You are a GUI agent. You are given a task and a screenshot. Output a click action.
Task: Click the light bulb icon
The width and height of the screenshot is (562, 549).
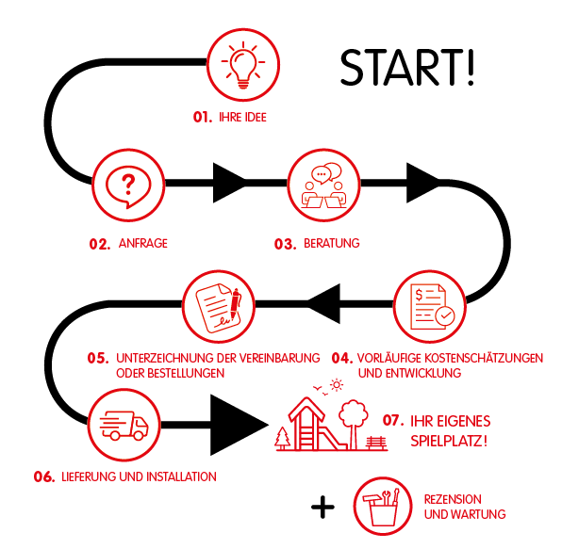pyautogui.click(x=243, y=65)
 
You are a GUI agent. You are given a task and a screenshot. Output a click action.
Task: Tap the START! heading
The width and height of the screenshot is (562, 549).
pyautogui.click(x=407, y=68)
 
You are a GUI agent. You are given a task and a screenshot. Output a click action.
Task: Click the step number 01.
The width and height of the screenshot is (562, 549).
pyautogui.click(x=203, y=117)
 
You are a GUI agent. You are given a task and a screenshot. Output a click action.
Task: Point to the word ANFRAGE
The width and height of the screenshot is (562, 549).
pyautogui.click(x=143, y=243)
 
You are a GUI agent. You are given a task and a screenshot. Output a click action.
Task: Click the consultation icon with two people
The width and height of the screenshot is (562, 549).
pyautogui.click(x=324, y=186)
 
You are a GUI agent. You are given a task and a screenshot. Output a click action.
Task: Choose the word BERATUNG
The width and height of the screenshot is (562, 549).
pyautogui.click(x=332, y=243)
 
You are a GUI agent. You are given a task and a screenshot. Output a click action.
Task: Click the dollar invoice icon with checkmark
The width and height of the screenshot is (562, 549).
pyautogui.click(x=432, y=306)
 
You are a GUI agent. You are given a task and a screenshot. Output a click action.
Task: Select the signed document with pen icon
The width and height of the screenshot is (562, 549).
pyautogui.click(x=219, y=308)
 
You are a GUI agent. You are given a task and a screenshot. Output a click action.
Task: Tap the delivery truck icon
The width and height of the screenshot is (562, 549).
pyautogui.click(x=124, y=426)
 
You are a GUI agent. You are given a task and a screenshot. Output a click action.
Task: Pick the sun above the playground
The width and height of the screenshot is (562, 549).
pyautogui.click(x=337, y=385)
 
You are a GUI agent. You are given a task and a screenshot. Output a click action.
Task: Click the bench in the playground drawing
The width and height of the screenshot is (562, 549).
pyautogui.click(x=376, y=444)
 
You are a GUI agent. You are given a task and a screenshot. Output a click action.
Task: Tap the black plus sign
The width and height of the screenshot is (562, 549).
pyautogui.click(x=322, y=507)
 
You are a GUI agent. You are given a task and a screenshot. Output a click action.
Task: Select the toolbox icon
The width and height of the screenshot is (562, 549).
pyautogui.click(x=382, y=508)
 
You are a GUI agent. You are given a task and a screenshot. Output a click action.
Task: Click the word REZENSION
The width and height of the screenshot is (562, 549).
pyautogui.click(x=453, y=499)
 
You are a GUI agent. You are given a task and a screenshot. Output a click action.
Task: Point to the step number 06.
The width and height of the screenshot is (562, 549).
pyautogui.click(x=44, y=476)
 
